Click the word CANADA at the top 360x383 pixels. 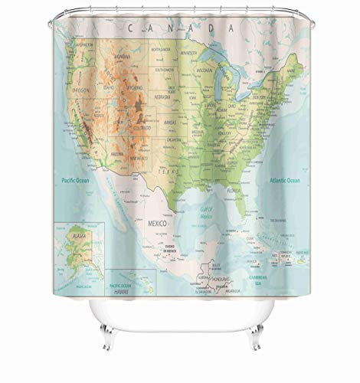point(181,28)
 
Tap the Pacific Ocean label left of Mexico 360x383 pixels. point(79,181)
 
